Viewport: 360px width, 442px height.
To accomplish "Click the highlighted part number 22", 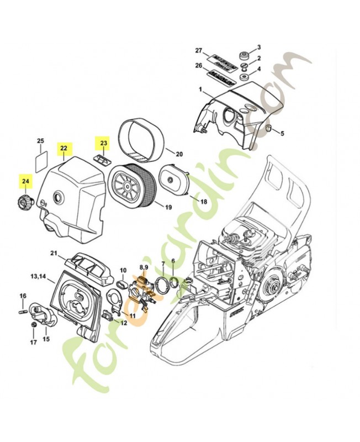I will pyautogui.click(x=64, y=148).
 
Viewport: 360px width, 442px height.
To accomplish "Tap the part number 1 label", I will pyautogui.click(x=201, y=90).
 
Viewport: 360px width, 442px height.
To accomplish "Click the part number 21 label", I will pyautogui.click(x=54, y=253).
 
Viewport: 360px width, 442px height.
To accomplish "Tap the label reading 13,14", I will pyautogui.click(x=38, y=275).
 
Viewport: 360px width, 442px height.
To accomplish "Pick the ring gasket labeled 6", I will pyautogui.click(x=174, y=283).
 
